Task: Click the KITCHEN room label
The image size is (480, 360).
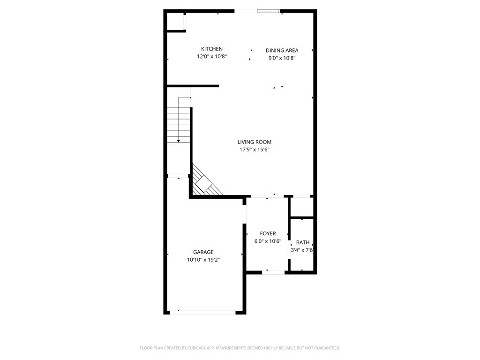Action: click(x=211, y=49)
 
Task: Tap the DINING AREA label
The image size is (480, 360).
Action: click(x=282, y=51)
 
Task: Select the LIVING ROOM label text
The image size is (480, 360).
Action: click(x=255, y=142)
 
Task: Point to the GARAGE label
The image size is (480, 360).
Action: click(x=203, y=252)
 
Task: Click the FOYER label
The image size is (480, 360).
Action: click(x=268, y=233)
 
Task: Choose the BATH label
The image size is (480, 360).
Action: click(x=303, y=242)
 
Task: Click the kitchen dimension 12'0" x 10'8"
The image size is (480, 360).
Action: click(x=212, y=57)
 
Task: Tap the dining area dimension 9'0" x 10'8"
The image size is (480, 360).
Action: click(x=282, y=58)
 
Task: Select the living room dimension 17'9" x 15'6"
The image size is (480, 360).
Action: click(x=255, y=150)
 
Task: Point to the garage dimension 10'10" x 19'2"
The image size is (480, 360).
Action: click(x=203, y=260)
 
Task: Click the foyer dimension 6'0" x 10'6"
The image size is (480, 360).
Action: click(x=268, y=241)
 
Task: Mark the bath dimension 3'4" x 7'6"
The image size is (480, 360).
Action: click(x=302, y=250)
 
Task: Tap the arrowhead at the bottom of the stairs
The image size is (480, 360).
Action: click(x=179, y=141)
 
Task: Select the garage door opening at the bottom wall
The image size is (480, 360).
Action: click(x=202, y=313)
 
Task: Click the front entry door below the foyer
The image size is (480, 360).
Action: click(x=273, y=272)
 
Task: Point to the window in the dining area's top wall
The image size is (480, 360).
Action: click(x=269, y=11)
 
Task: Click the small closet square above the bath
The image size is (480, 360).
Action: click(x=302, y=207)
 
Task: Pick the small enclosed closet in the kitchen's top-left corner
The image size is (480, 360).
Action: click(x=175, y=22)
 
